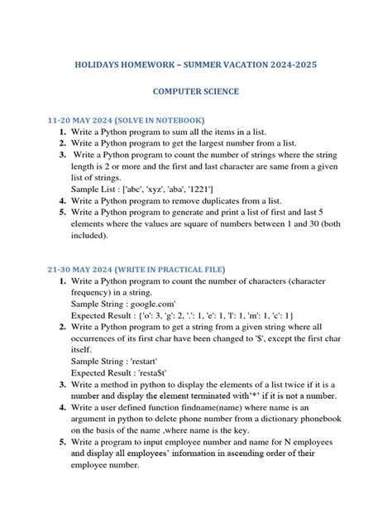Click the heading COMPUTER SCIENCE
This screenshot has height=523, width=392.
tap(195, 91)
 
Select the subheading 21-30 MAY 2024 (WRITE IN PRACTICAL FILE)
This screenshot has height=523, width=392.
tap(136, 269)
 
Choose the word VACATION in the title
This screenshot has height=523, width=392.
tap(228, 64)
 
